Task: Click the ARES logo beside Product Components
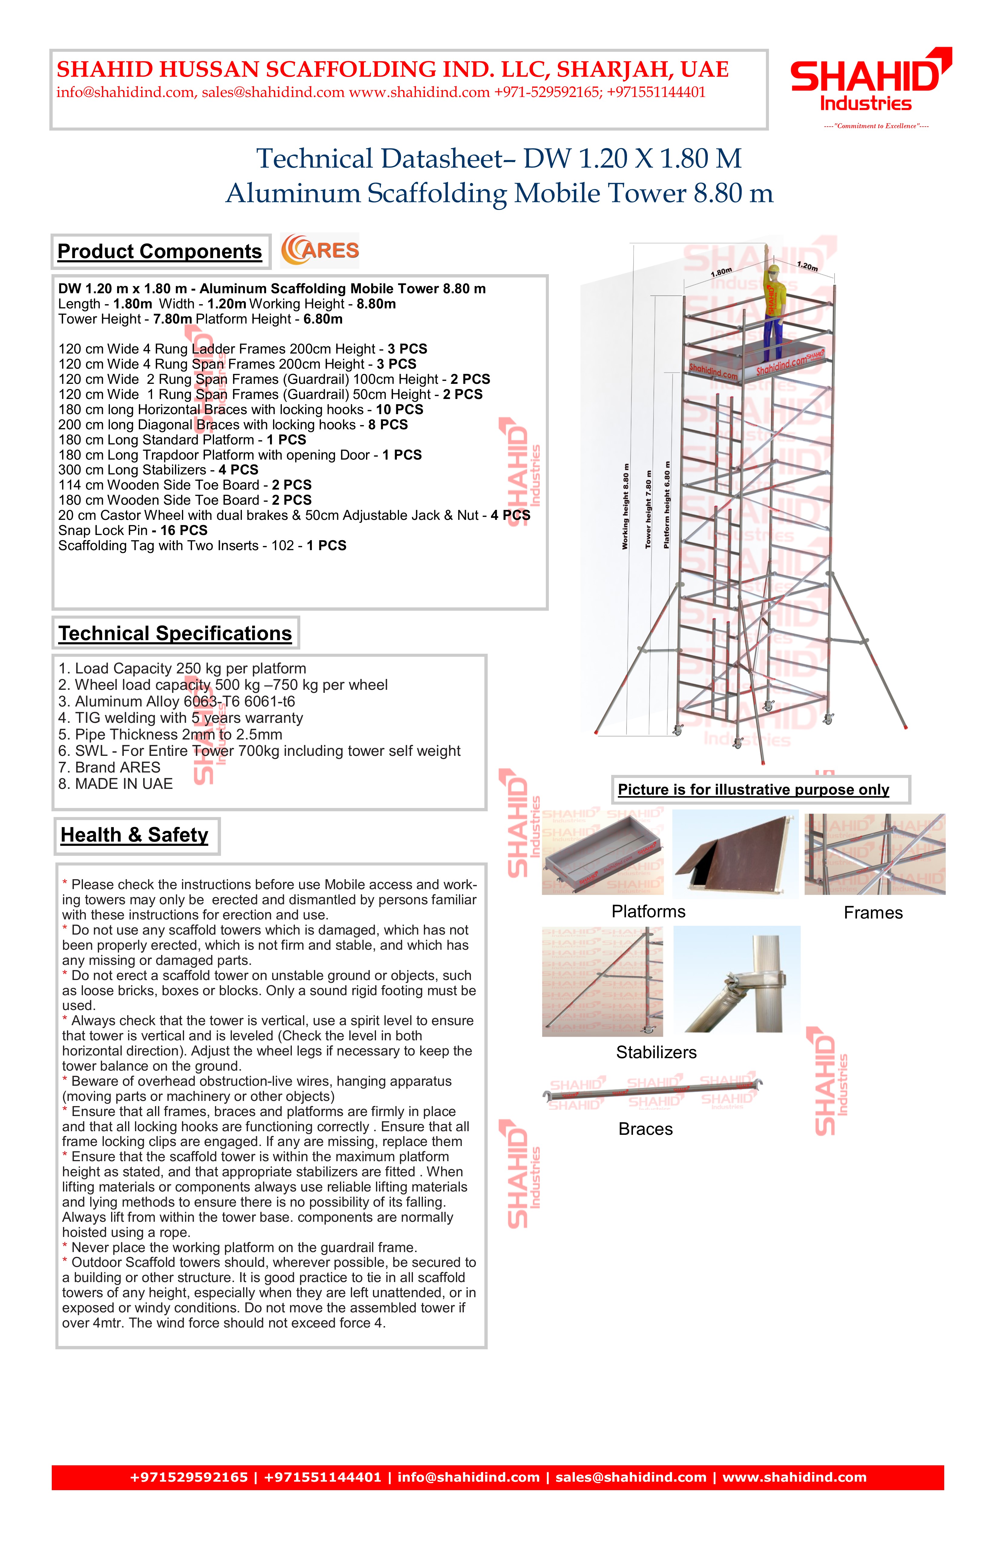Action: click(320, 251)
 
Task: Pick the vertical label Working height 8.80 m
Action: click(625, 506)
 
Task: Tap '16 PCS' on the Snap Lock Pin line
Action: click(183, 530)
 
